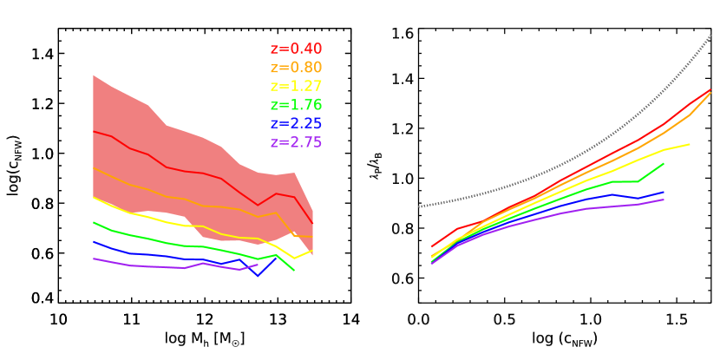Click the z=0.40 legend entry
pos(296,49)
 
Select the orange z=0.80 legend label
pos(296,68)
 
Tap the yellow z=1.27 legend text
pos(296,87)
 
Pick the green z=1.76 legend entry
pos(296,105)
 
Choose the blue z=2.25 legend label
pos(296,124)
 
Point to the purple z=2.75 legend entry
pos(296,142)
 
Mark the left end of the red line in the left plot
pos(94,131)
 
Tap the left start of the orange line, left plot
pos(94,168)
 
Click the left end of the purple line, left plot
pos(94,259)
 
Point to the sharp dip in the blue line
pos(258,276)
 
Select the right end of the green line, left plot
pos(294,271)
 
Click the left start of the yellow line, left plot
pos(94,198)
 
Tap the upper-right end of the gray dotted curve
pos(711,35)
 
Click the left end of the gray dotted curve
pos(419,206)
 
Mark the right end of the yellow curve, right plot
pos(690,144)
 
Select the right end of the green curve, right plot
pos(664,163)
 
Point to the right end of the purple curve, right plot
pos(664,200)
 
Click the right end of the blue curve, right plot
pos(664,192)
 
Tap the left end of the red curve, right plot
pos(432,246)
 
